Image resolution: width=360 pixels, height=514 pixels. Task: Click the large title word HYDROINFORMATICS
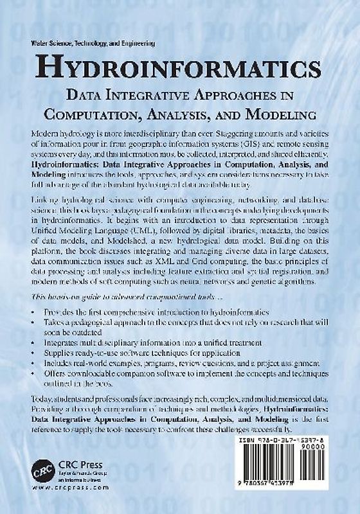coord(180,68)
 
